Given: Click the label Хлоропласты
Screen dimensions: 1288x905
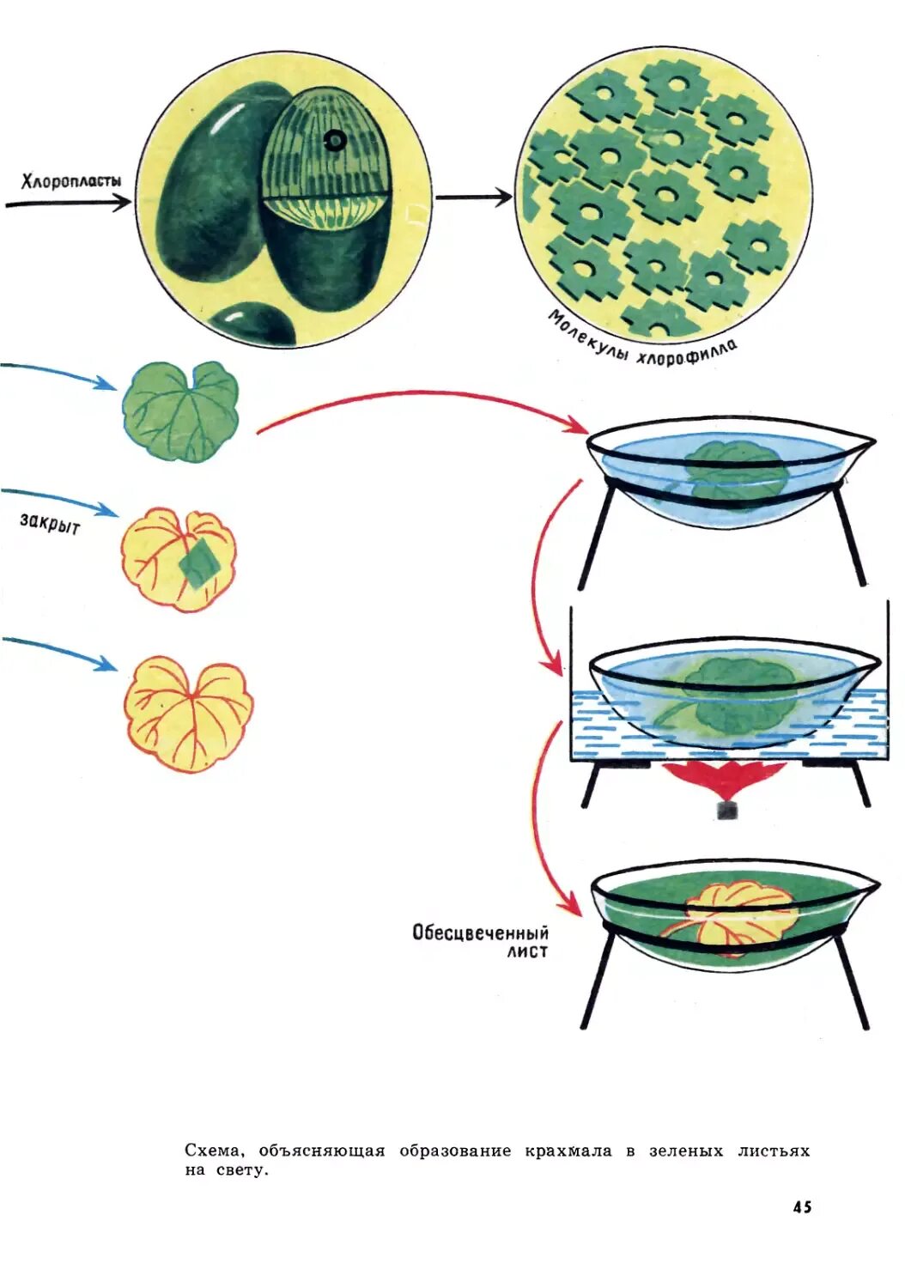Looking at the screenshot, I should [71, 180].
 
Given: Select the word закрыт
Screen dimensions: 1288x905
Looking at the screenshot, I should [50, 523].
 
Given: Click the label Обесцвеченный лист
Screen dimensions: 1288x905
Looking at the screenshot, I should [481, 941].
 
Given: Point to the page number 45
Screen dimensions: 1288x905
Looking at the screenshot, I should [802, 1206].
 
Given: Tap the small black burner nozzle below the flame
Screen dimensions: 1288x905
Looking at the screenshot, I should [727, 810].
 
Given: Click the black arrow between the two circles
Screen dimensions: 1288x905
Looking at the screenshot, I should [473, 197].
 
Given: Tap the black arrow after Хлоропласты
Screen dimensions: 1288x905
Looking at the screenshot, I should [69, 204].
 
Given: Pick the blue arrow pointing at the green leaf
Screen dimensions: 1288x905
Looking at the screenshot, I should [60, 374].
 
